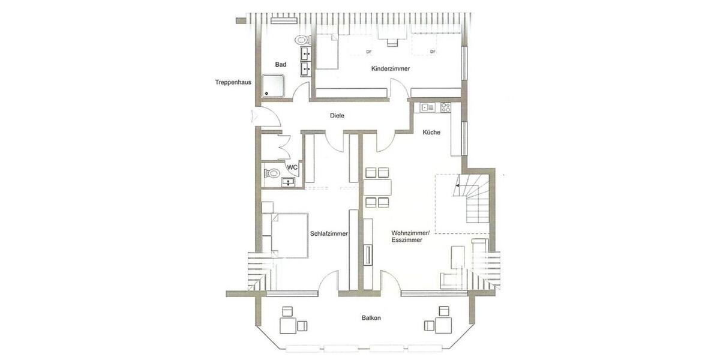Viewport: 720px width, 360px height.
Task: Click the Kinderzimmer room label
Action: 391,69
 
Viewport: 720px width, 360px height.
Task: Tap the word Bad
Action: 281,64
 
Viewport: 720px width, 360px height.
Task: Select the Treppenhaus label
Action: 233,82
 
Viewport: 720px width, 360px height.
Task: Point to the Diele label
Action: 337,116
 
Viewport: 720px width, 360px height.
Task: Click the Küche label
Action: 432,133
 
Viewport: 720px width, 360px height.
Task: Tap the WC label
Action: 293,167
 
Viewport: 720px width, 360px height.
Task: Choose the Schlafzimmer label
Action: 329,234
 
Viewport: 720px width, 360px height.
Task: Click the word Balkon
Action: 371,318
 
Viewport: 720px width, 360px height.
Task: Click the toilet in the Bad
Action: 302,40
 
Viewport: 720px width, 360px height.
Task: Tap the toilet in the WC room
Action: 272,174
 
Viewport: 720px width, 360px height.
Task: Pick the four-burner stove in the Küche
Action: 446,108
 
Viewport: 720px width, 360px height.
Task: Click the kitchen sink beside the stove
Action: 428,108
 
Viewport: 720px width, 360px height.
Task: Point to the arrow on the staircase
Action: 458,186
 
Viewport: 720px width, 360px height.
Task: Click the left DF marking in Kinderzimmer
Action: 369,52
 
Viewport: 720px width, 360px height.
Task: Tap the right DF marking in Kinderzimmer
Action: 432,52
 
